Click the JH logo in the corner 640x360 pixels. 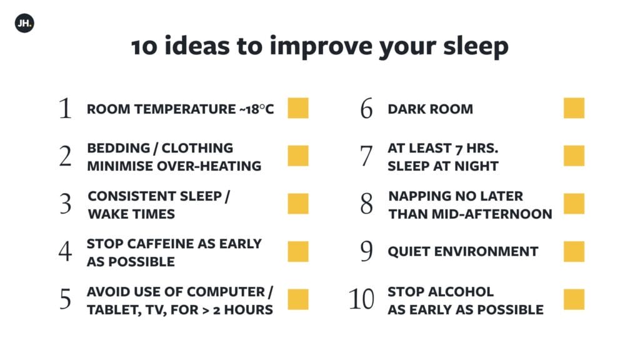point(24,23)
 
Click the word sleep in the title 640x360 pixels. point(476,46)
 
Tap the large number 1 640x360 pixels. point(65,108)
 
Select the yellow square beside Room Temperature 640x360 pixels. point(298,108)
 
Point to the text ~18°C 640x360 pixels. point(257,109)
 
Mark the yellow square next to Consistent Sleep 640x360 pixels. point(298,204)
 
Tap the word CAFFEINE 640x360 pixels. point(161,244)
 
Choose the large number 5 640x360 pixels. point(65,299)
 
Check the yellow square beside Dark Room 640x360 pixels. point(574,108)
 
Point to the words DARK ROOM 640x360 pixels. point(430,109)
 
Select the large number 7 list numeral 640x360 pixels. point(366,156)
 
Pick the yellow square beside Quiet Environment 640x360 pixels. point(574,251)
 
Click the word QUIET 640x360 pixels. point(409,251)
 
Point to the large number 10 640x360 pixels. point(361,299)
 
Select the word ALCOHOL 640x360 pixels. point(461,292)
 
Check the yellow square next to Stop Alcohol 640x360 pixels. point(574,299)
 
